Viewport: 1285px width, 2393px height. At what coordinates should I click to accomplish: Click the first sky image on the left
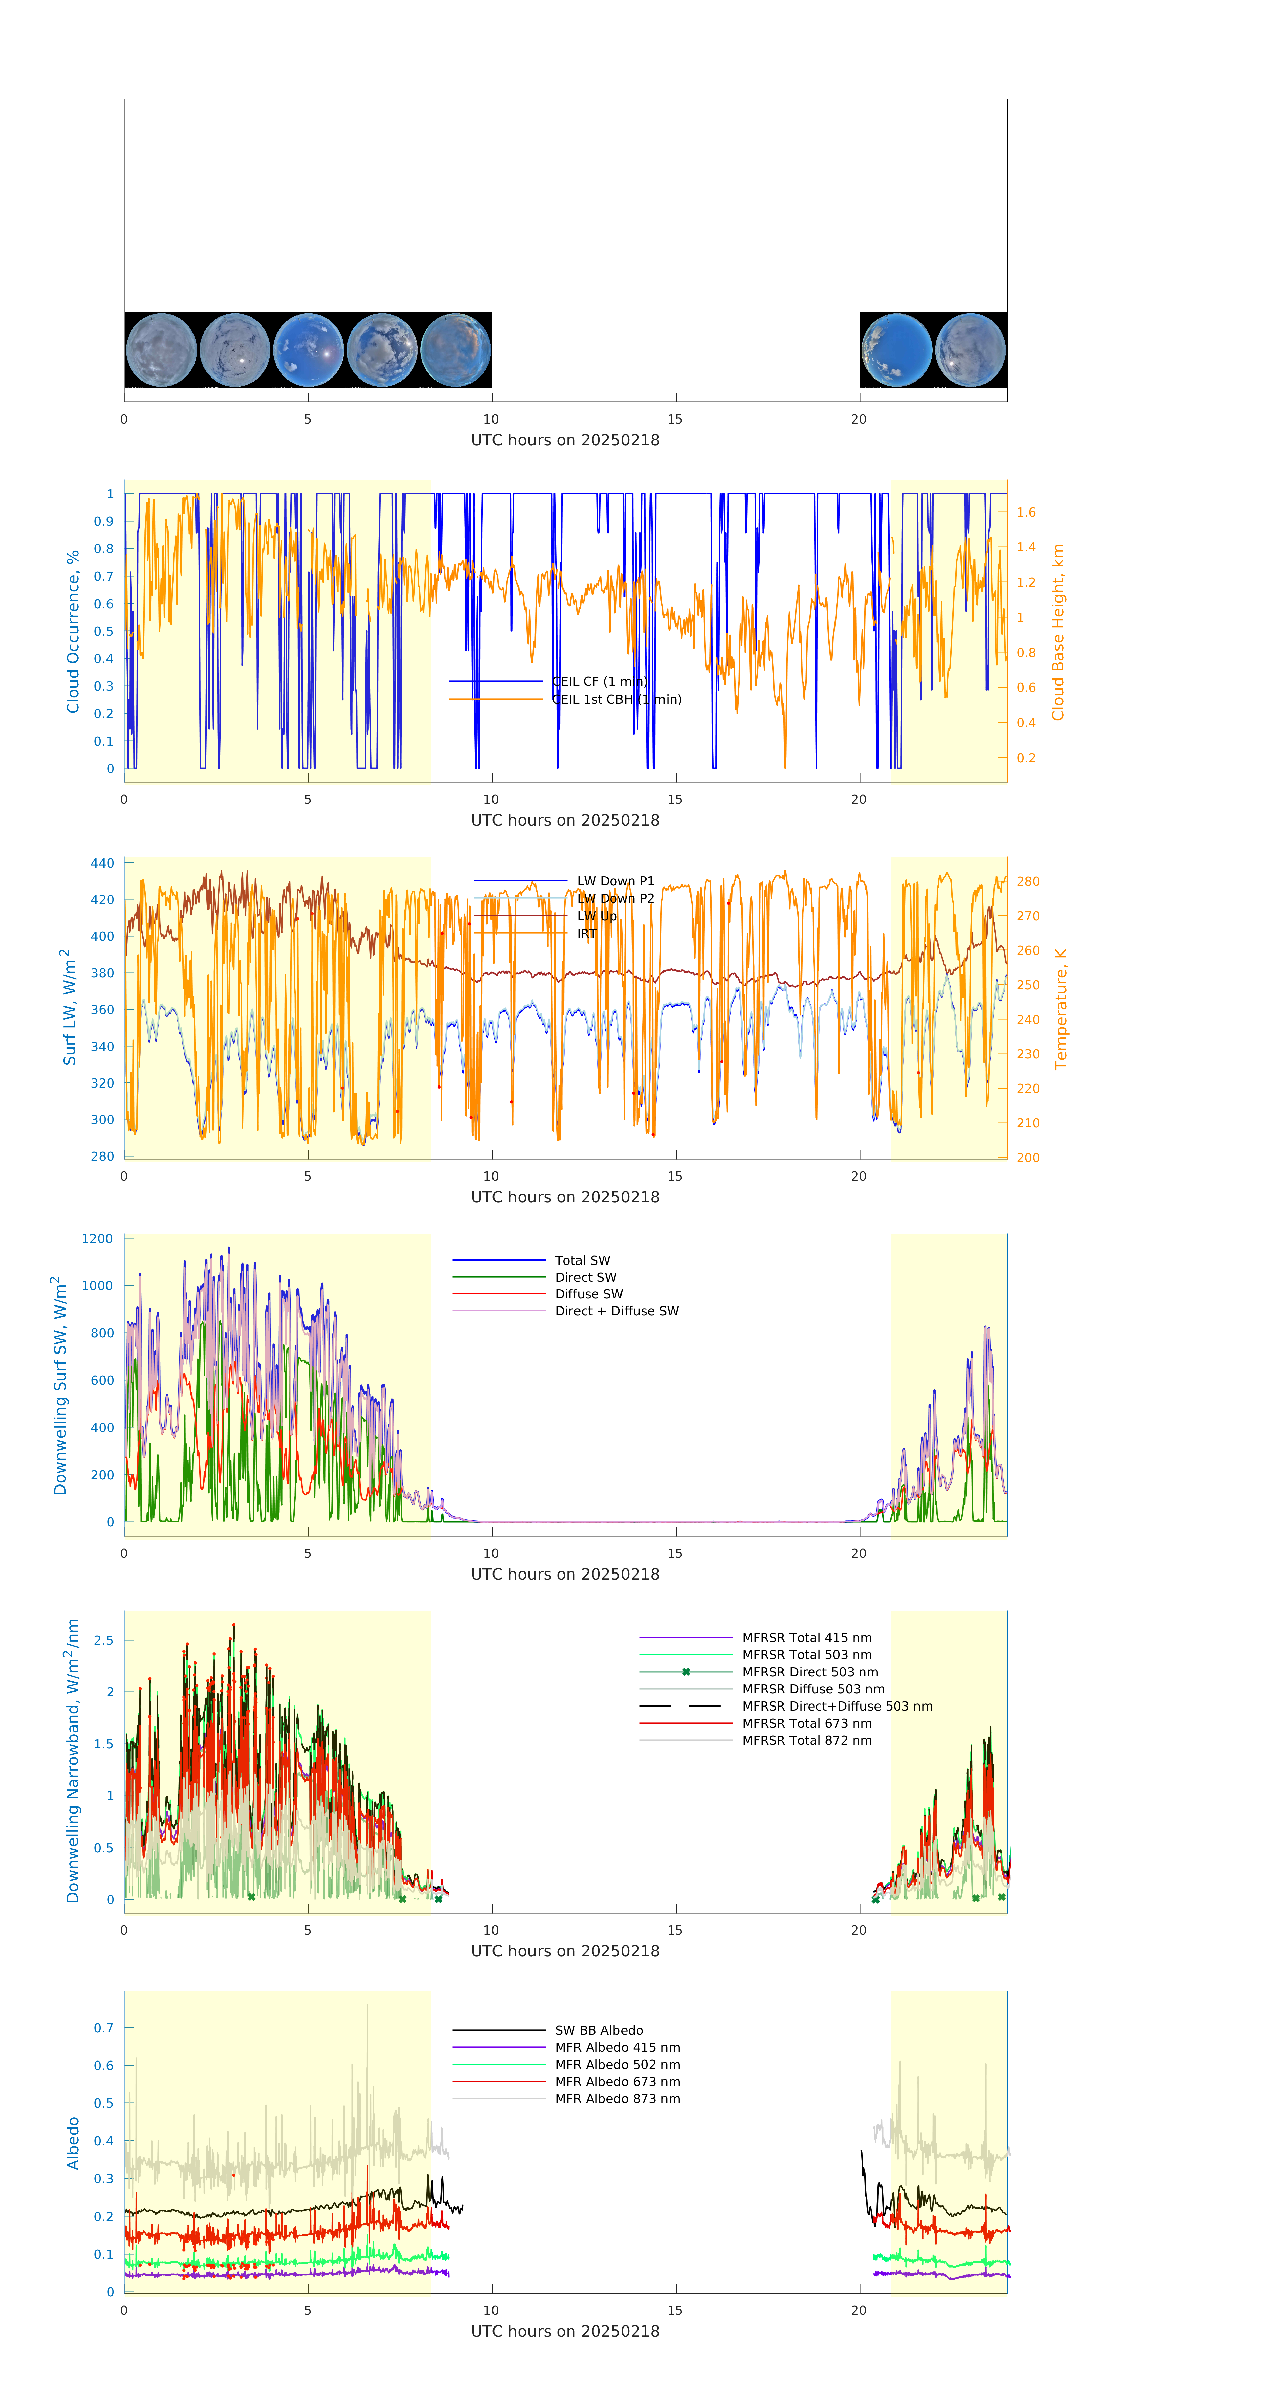pos(161,350)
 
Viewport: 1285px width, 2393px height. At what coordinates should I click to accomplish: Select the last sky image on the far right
pos(970,350)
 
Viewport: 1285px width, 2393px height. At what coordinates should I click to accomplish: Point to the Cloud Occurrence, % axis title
pos(73,632)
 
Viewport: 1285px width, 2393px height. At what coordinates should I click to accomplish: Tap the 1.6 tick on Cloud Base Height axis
pos(1026,512)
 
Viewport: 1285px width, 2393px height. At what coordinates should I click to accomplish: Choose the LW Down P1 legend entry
pos(615,881)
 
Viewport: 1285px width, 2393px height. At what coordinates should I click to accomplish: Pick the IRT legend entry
pos(586,934)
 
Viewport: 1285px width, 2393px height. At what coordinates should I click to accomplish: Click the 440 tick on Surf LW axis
pos(102,863)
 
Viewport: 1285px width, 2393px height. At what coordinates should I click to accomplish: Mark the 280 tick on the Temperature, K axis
pos(1028,882)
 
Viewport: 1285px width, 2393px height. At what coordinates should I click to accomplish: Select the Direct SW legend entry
pos(585,1277)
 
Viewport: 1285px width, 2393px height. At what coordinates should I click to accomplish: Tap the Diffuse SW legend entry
pos(589,1294)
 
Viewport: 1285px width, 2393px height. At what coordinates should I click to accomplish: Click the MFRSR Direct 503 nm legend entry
pos(809,1672)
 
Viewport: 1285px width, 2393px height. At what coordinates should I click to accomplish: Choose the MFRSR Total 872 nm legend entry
pos(807,1741)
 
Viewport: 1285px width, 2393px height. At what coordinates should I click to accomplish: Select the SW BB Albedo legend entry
pos(598,2031)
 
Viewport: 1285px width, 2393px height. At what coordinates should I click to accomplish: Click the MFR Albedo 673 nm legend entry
pos(617,2082)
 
